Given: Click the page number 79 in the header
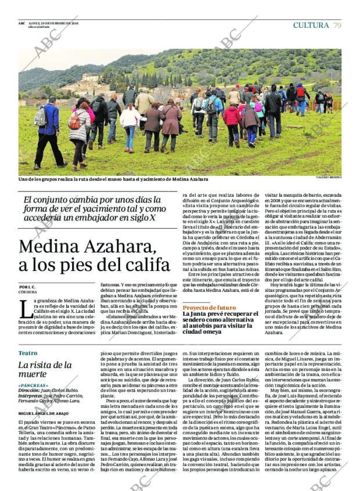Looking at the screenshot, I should click(337, 25).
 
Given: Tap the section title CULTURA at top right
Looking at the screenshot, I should click(311, 25).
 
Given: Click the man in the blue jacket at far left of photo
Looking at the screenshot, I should click(50, 131).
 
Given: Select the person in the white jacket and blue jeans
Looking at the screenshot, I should click(129, 125).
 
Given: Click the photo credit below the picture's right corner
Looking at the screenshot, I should click(328, 177).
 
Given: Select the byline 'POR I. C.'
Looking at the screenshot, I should click(27, 287).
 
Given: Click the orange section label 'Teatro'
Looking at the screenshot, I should click(27, 353).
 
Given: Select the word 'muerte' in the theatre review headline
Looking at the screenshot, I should click(32, 374).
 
